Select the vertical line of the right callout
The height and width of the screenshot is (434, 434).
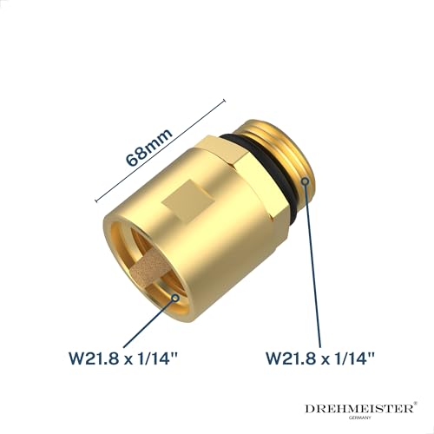[306, 260]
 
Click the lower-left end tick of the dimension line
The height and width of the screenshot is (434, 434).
[95, 197]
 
